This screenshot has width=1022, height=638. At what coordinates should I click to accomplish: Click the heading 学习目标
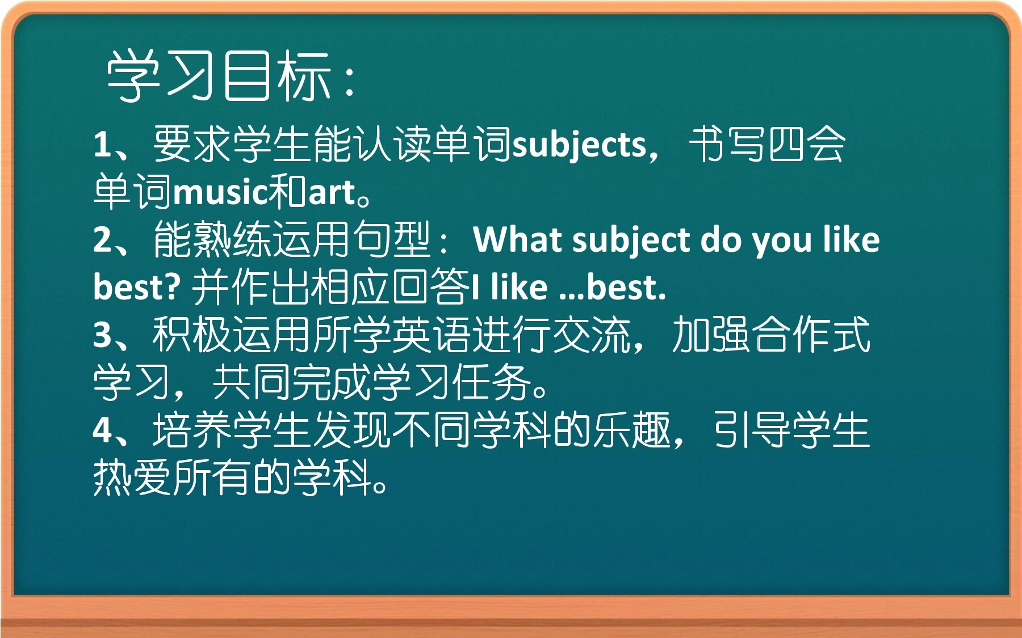pos(219,75)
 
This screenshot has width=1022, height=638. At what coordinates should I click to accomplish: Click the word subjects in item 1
pos(580,145)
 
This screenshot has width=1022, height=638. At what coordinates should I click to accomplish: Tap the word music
pos(221,192)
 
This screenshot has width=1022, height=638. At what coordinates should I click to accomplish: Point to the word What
pos(517,239)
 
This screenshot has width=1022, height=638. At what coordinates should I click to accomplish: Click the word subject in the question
pos(631,240)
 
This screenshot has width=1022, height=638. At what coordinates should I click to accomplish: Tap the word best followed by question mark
pos(137,286)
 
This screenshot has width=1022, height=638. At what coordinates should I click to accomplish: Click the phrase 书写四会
pos(767,145)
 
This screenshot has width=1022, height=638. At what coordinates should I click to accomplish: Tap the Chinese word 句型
pos(392,239)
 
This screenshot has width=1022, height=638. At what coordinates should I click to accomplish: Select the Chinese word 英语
pos(432,335)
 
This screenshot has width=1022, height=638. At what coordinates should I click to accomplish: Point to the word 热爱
pos(132,478)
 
